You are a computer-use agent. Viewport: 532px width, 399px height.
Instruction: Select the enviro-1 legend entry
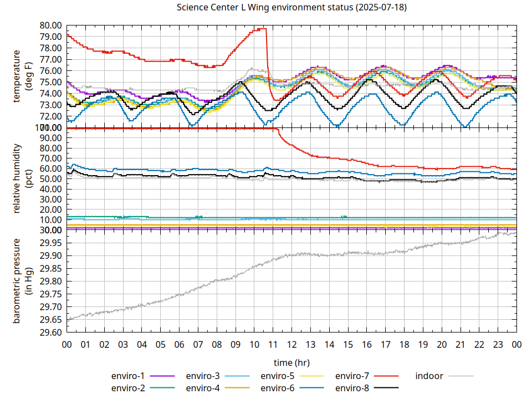pyautogui.click(x=127, y=376)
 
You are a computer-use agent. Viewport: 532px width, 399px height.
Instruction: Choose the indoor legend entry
pyautogui.click(x=429, y=376)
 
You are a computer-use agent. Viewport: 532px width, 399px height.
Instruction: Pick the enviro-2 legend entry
pyautogui.click(x=127, y=388)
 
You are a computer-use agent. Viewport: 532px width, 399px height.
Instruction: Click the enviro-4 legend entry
pyautogui.click(x=202, y=388)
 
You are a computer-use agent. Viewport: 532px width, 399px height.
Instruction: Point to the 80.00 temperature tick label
pyautogui.click(x=50, y=25)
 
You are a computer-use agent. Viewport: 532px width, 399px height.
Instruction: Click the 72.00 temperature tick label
pyautogui.click(x=50, y=116)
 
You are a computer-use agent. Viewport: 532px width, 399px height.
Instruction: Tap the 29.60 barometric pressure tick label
pyautogui.click(x=50, y=332)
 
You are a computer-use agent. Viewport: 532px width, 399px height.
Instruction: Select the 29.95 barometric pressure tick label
pyautogui.click(x=50, y=243)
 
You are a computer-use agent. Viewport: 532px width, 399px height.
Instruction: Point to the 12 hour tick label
pyautogui.click(x=291, y=345)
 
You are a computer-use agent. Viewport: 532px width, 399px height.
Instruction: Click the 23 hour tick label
pyautogui.click(x=498, y=345)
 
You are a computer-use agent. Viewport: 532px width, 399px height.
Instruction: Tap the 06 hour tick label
pyautogui.click(x=179, y=345)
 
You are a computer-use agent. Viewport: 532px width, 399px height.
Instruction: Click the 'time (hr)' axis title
pyautogui.click(x=291, y=362)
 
